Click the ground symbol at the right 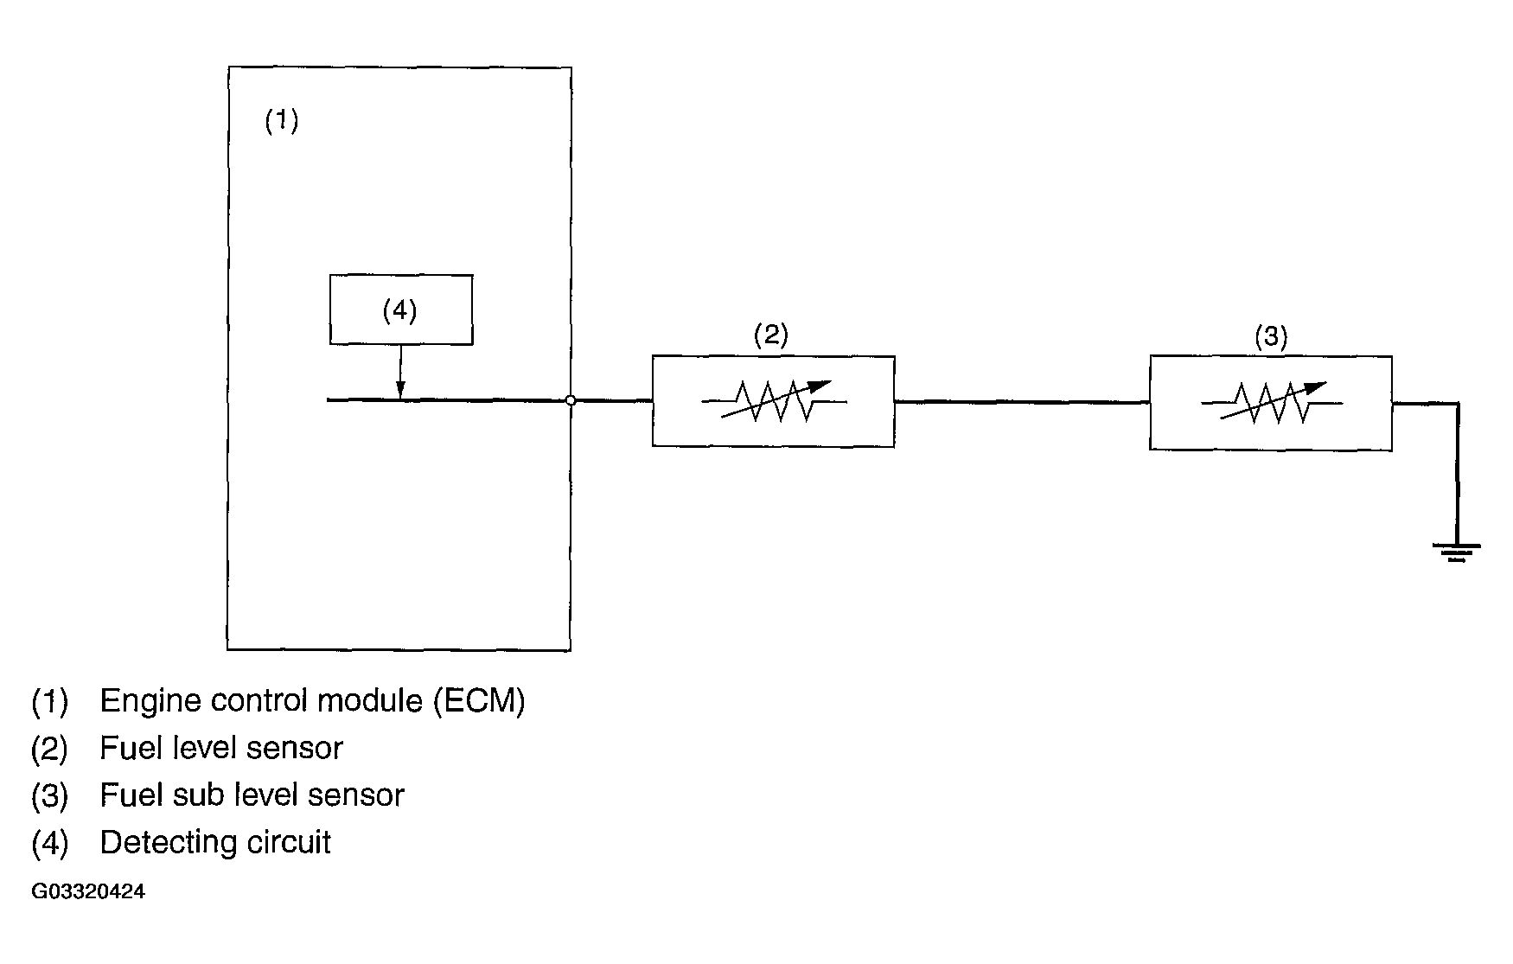tap(1457, 551)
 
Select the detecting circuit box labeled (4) tap(401, 310)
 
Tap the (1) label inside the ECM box tap(281, 120)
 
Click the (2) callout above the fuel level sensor tap(770, 335)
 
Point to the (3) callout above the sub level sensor tap(1271, 336)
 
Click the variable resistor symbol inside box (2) tap(774, 401)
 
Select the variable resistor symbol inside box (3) tap(1272, 403)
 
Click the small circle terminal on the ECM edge tap(571, 400)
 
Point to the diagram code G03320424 tap(88, 892)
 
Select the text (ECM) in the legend tap(479, 700)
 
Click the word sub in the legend tap(191, 795)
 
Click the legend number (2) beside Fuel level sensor tap(49, 749)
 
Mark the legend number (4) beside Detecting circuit tap(49, 843)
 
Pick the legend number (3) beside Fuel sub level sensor tap(49, 795)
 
